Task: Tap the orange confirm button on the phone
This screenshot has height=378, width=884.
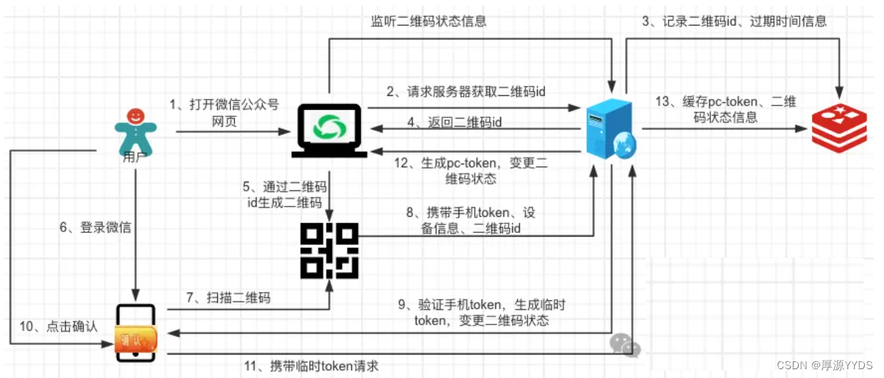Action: (x=136, y=339)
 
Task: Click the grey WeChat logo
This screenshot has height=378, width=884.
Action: (x=625, y=344)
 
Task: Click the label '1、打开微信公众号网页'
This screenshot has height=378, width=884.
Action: (x=224, y=113)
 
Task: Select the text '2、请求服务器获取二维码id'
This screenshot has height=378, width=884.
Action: (x=466, y=92)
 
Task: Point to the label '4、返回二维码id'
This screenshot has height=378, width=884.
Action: (x=455, y=122)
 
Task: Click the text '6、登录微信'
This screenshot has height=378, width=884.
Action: (x=95, y=228)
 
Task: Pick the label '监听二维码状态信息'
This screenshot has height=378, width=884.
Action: (x=428, y=21)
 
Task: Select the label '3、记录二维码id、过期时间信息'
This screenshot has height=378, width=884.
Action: (x=734, y=21)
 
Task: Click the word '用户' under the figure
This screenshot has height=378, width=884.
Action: (x=135, y=155)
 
